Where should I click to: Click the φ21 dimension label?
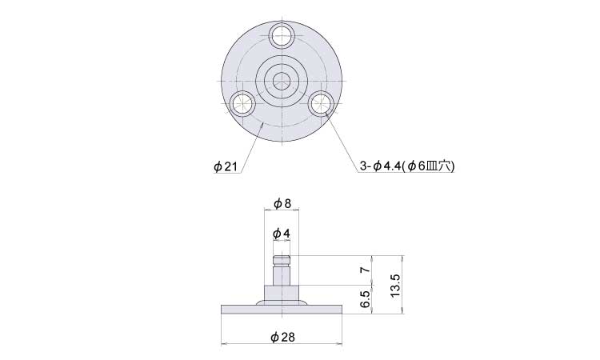226,167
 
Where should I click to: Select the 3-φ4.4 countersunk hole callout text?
406,166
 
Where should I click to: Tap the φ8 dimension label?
282,203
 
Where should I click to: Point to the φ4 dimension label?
282,233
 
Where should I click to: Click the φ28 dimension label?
282,338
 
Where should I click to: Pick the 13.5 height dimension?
395,285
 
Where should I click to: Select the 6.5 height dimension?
366,299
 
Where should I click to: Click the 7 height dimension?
366,270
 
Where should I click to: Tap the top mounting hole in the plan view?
282,35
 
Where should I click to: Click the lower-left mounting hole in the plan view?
242,103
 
